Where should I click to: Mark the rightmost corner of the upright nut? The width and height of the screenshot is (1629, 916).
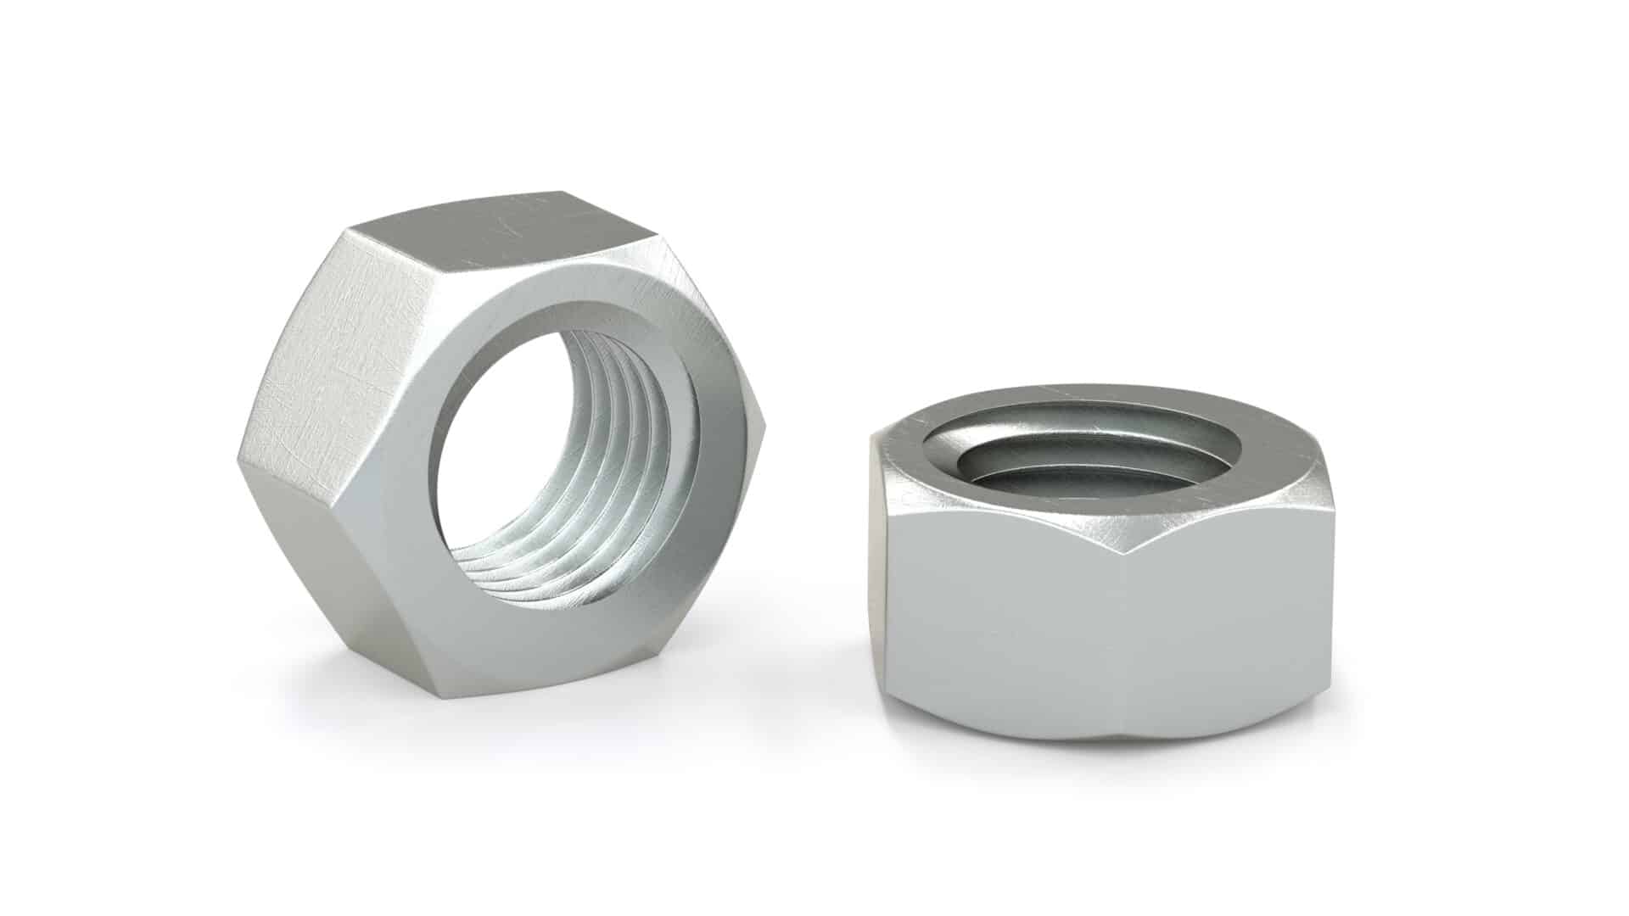[764, 424]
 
